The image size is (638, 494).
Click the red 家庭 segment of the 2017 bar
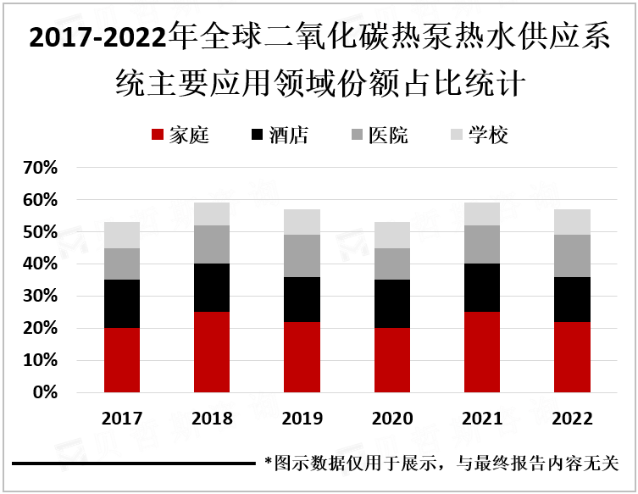[x=122, y=360]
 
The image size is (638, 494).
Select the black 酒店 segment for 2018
[x=212, y=288]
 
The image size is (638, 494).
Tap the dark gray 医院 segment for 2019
[x=302, y=256]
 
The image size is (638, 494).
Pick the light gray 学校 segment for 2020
[x=392, y=235]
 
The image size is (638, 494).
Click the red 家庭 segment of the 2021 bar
[x=482, y=352]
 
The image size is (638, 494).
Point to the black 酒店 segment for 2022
[x=572, y=299]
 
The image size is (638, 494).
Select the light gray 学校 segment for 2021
[x=482, y=214]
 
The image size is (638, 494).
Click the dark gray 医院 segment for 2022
[x=572, y=256]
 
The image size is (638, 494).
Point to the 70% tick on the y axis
[x=40, y=168]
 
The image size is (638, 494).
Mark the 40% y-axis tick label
[x=40, y=264]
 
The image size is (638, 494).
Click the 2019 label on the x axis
[x=302, y=419]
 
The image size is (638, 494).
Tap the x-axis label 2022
[x=572, y=419]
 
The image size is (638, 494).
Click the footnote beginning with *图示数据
[x=441, y=463]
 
